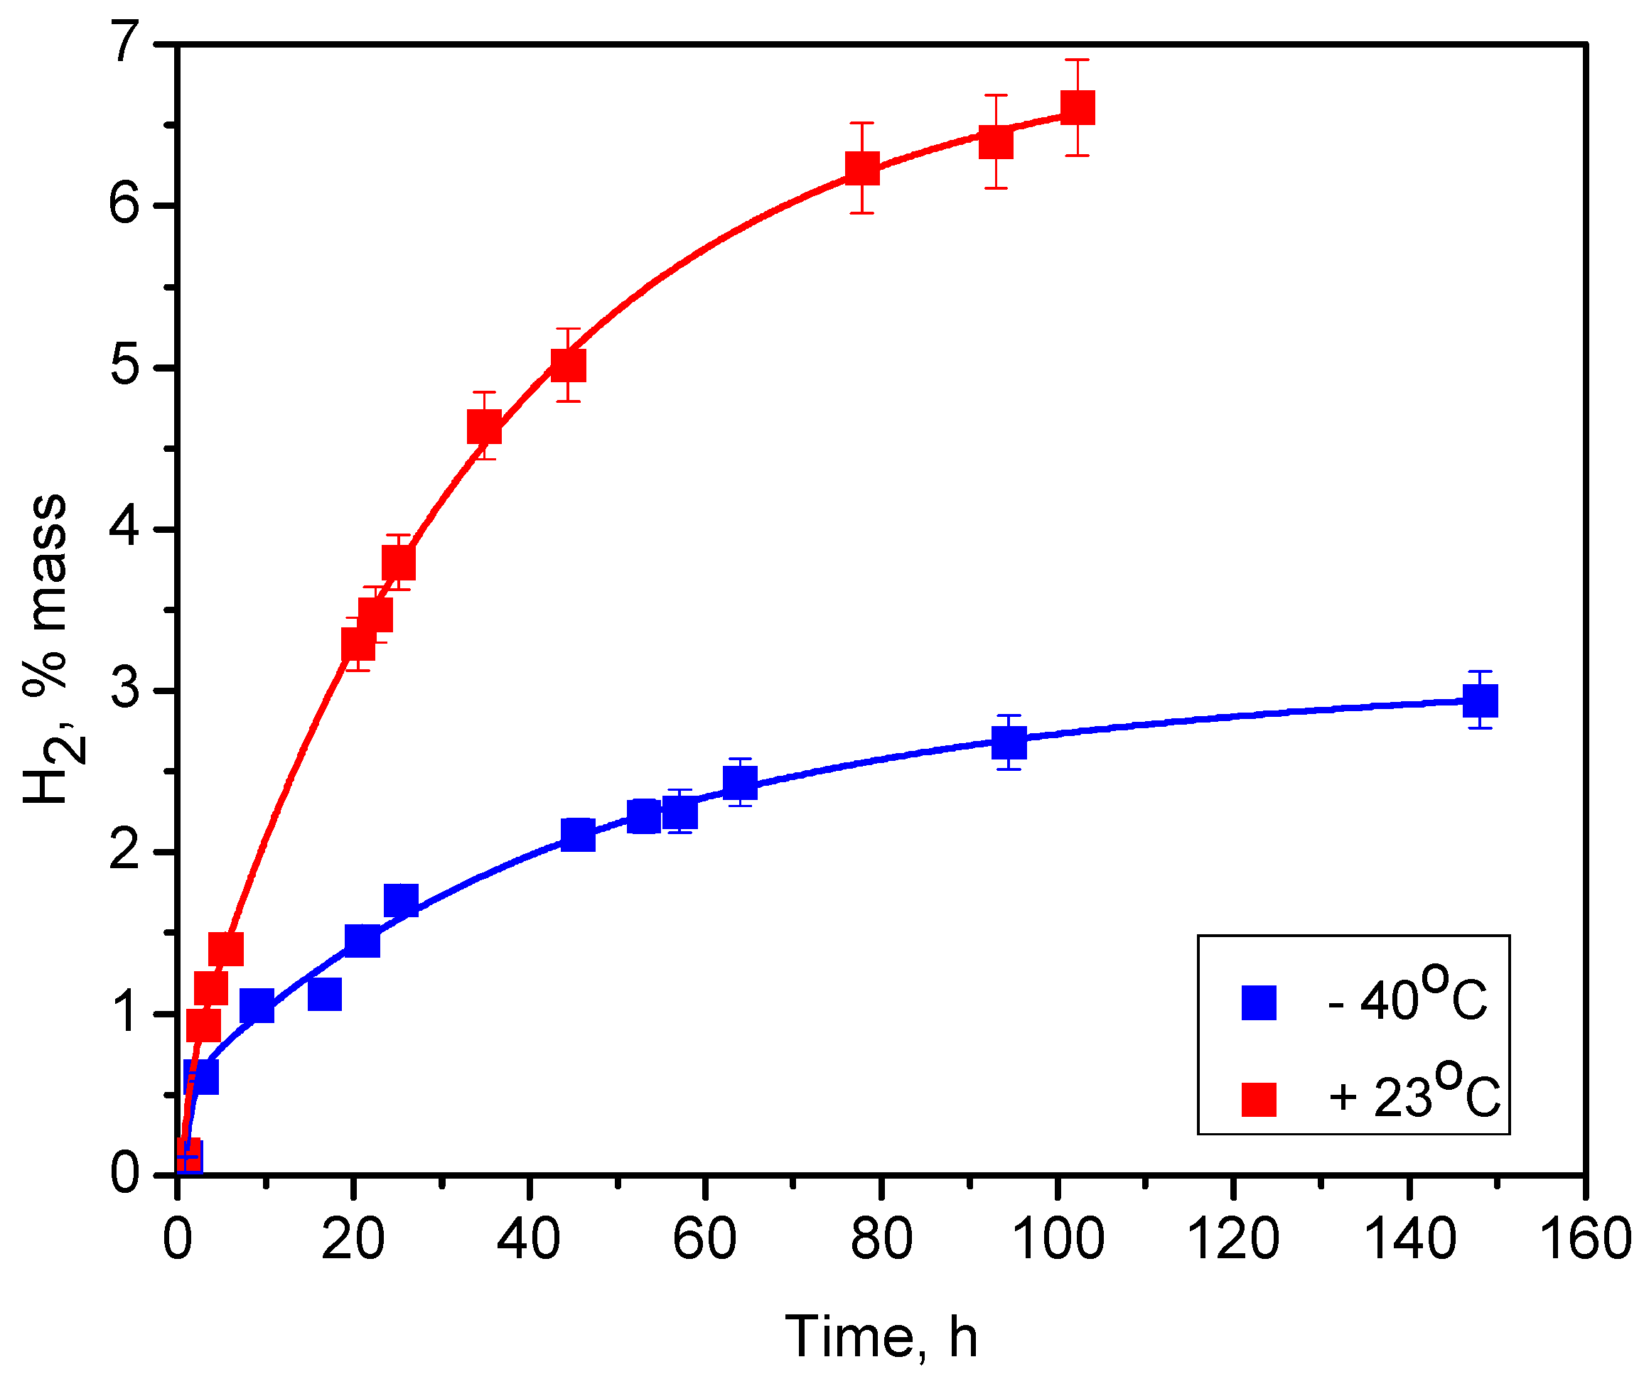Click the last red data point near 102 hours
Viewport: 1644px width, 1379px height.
1078,107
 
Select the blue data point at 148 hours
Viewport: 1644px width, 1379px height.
1481,701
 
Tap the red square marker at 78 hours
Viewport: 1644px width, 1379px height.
862,168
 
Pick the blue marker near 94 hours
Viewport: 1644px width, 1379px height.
1009,742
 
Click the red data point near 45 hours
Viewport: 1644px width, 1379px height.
569,364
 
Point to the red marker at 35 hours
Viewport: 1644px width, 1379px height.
484,427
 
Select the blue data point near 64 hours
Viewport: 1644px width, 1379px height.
740,782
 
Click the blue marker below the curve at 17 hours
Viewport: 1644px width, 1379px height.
325,995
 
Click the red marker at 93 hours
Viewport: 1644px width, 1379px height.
996,142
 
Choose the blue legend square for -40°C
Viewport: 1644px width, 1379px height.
1259,1003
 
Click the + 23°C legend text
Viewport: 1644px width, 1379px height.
1413,1094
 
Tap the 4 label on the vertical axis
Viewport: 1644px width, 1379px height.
125,529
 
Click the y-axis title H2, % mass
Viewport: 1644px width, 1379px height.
47,649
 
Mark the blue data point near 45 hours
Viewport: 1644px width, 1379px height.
578,835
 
